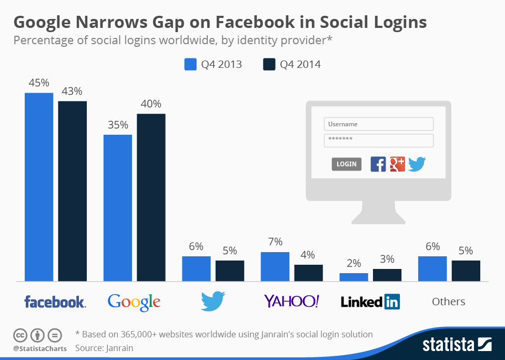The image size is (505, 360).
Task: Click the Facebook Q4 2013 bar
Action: (x=39, y=187)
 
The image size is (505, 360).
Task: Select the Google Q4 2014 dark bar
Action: (x=151, y=197)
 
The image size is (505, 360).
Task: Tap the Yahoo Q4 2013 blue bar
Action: (x=275, y=266)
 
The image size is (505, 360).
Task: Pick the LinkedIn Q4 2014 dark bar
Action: (x=387, y=275)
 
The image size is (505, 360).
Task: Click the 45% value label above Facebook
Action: (x=39, y=83)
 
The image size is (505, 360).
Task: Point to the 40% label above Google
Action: (x=151, y=104)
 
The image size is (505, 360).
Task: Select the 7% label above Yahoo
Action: (x=275, y=242)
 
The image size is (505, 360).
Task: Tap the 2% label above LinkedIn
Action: (x=354, y=263)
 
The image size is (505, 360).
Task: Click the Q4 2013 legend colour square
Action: (x=190, y=64)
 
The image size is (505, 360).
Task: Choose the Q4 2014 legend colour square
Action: (x=269, y=64)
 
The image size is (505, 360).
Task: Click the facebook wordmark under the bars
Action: (x=55, y=302)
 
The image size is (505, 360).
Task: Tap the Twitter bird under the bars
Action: (x=213, y=302)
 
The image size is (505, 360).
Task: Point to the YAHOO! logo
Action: (x=291, y=301)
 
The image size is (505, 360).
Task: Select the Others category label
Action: (x=449, y=302)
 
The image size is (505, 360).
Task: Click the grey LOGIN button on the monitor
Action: (x=347, y=164)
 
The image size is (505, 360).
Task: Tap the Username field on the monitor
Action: (x=379, y=124)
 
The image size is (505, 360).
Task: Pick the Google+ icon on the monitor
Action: (x=397, y=164)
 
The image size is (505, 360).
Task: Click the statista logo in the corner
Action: (x=457, y=345)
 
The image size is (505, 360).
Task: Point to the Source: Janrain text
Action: (x=104, y=348)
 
